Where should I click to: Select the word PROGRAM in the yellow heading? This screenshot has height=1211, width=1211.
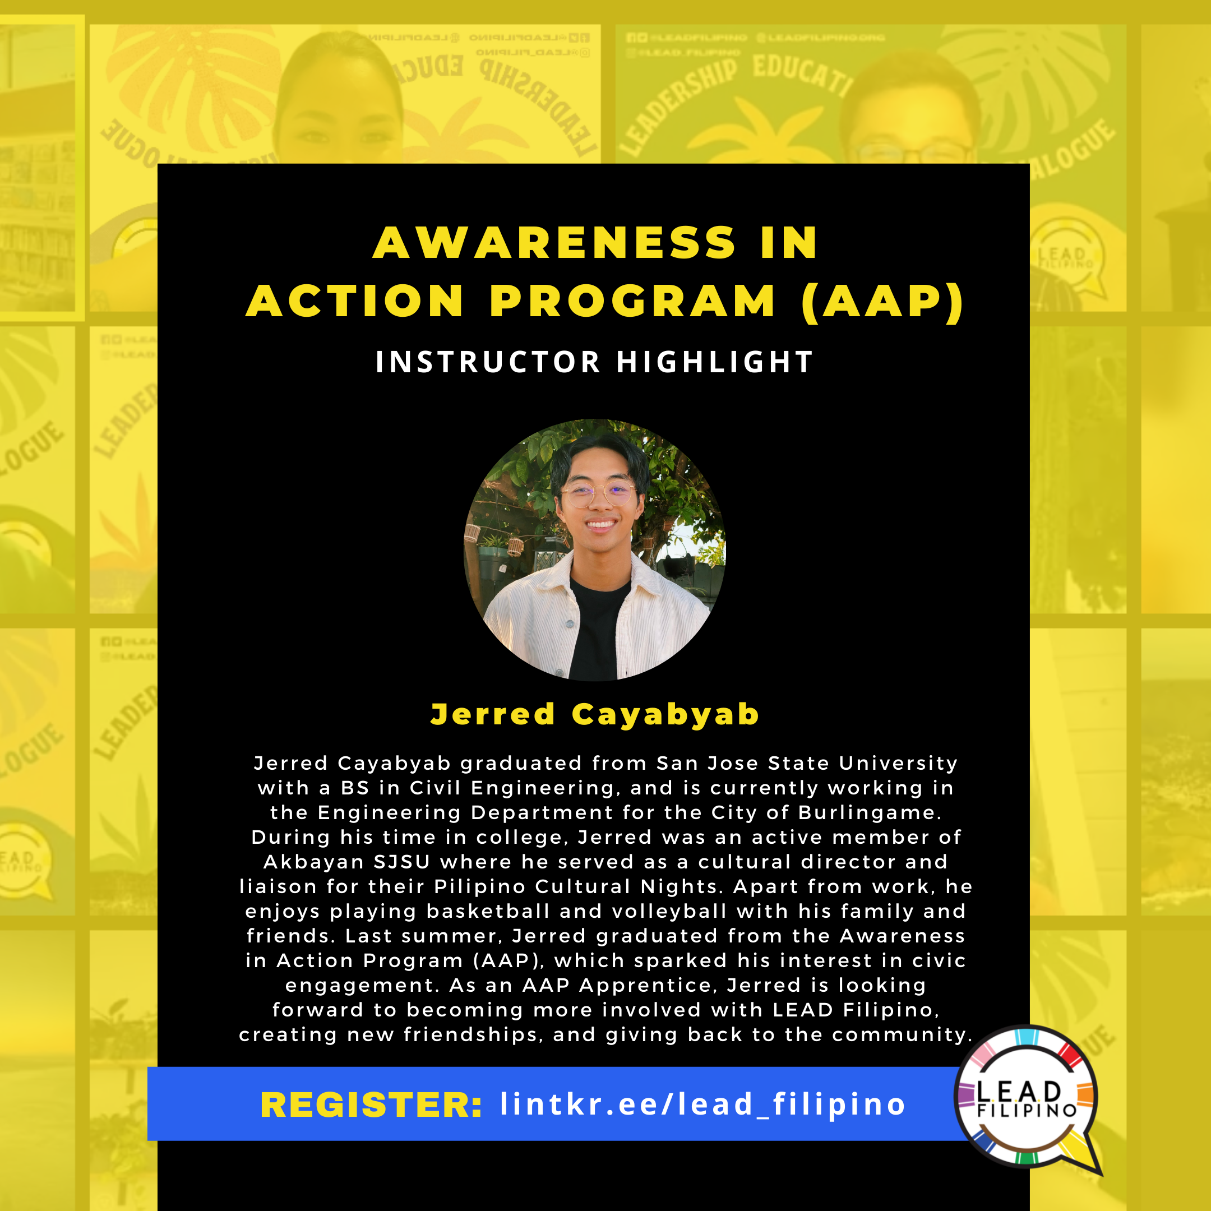[632, 302]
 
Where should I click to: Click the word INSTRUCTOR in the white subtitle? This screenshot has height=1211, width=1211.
[488, 362]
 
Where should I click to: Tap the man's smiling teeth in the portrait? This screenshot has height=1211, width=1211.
[600, 524]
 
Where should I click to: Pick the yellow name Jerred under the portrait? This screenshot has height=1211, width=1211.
[493, 715]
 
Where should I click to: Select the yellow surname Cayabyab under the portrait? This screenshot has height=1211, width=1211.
[665, 715]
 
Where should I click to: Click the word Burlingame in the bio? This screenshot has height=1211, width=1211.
[870, 813]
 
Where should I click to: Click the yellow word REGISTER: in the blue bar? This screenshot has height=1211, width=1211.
[371, 1105]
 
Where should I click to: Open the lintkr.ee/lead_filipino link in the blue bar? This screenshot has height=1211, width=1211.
[702, 1105]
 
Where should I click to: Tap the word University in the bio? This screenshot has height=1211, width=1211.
[898, 764]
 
